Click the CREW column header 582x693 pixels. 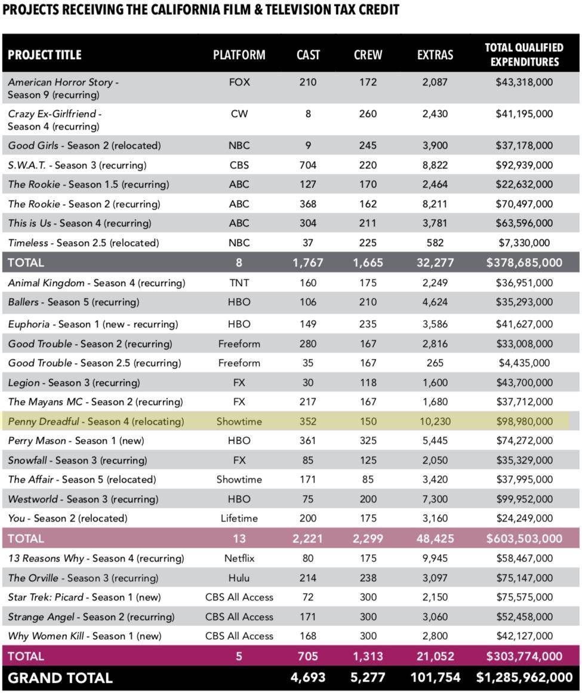click(x=368, y=55)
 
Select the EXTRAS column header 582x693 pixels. click(x=435, y=55)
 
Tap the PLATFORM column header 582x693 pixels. click(x=239, y=55)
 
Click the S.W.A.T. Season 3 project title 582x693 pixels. click(x=77, y=165)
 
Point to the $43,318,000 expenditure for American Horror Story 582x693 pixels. click(x=524, y=82)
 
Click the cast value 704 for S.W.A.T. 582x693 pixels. click(x=308, y=165)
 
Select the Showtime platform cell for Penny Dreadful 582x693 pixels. click(x=239, y=421)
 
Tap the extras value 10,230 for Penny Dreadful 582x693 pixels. click(x=435, y=421)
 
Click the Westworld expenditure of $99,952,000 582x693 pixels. click(x=524, y=499)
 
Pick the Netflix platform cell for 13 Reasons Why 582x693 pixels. click(x=239, y=559)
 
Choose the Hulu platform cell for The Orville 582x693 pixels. click(x=239, y=578)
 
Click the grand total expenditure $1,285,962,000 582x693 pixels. click(x=524, y=677)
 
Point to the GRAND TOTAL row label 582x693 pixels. click(x=60, y=677)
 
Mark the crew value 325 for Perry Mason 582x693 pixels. click(x=368, y=441)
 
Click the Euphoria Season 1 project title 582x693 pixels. click(x=93, y=324)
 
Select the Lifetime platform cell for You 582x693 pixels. click(x=239, y=518)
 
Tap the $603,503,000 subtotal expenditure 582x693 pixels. click(x=524, y=538)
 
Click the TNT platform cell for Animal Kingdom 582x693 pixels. click(x=239, y=283)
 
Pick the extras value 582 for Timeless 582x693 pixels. click(x=435, y=243)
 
